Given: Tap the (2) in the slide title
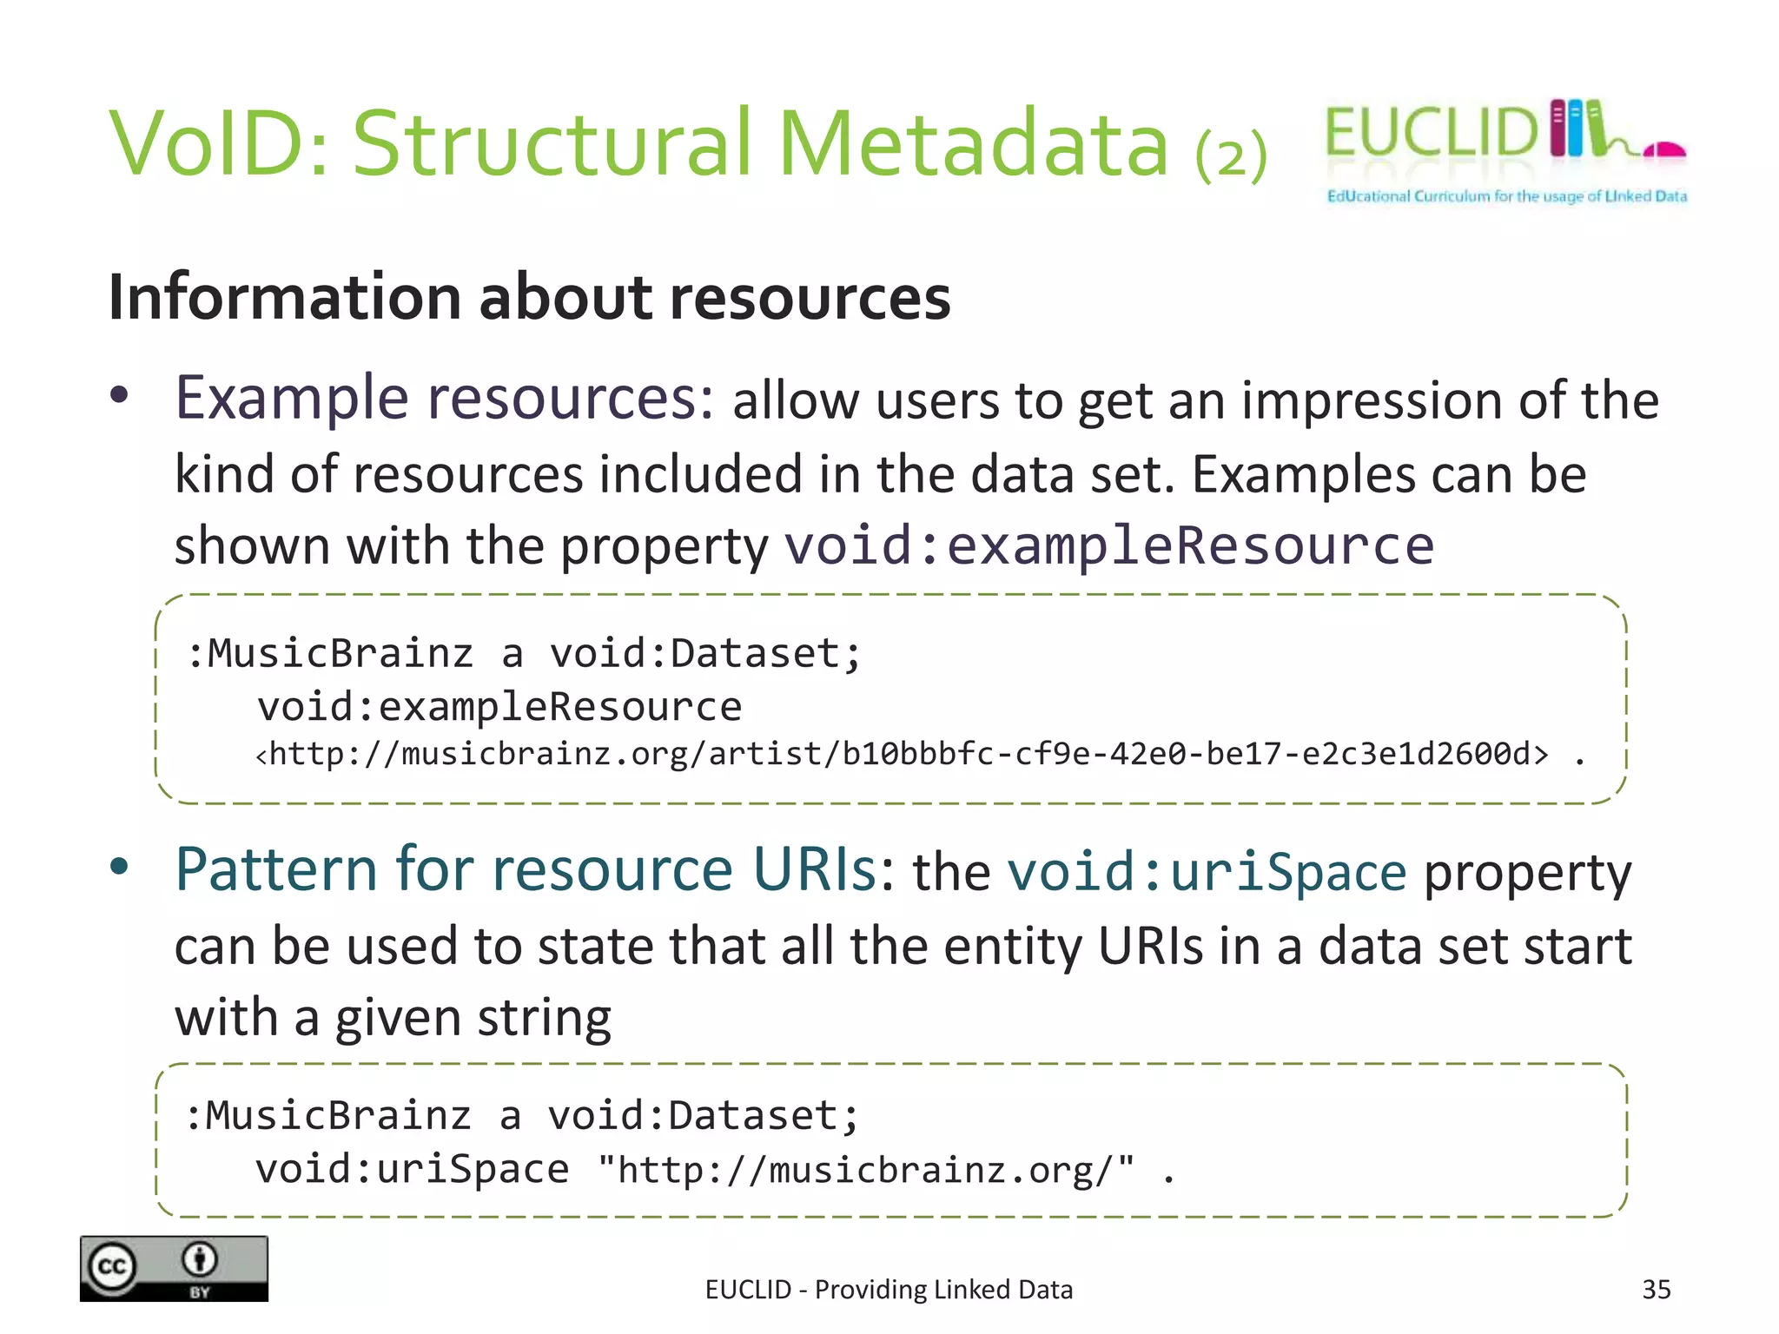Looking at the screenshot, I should [1231, 155].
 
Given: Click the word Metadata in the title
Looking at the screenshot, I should [973, 143].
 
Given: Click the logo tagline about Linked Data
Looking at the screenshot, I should [1506, 196].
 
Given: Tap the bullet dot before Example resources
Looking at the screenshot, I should [120, 396].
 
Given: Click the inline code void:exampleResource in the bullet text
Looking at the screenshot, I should [1108, 546].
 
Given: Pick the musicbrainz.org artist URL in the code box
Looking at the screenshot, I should [902, 754].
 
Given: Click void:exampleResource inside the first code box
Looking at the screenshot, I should [499, 706].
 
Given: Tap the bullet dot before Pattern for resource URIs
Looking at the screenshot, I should [120, 866].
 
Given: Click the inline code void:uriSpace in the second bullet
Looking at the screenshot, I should [1207, 872].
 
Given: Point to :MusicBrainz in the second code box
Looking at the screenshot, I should [328, 1116].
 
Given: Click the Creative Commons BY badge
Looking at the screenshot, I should [174, 1269].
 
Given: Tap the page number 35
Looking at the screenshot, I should [1656, 1290].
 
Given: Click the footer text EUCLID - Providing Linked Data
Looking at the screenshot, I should [889, 1290].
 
